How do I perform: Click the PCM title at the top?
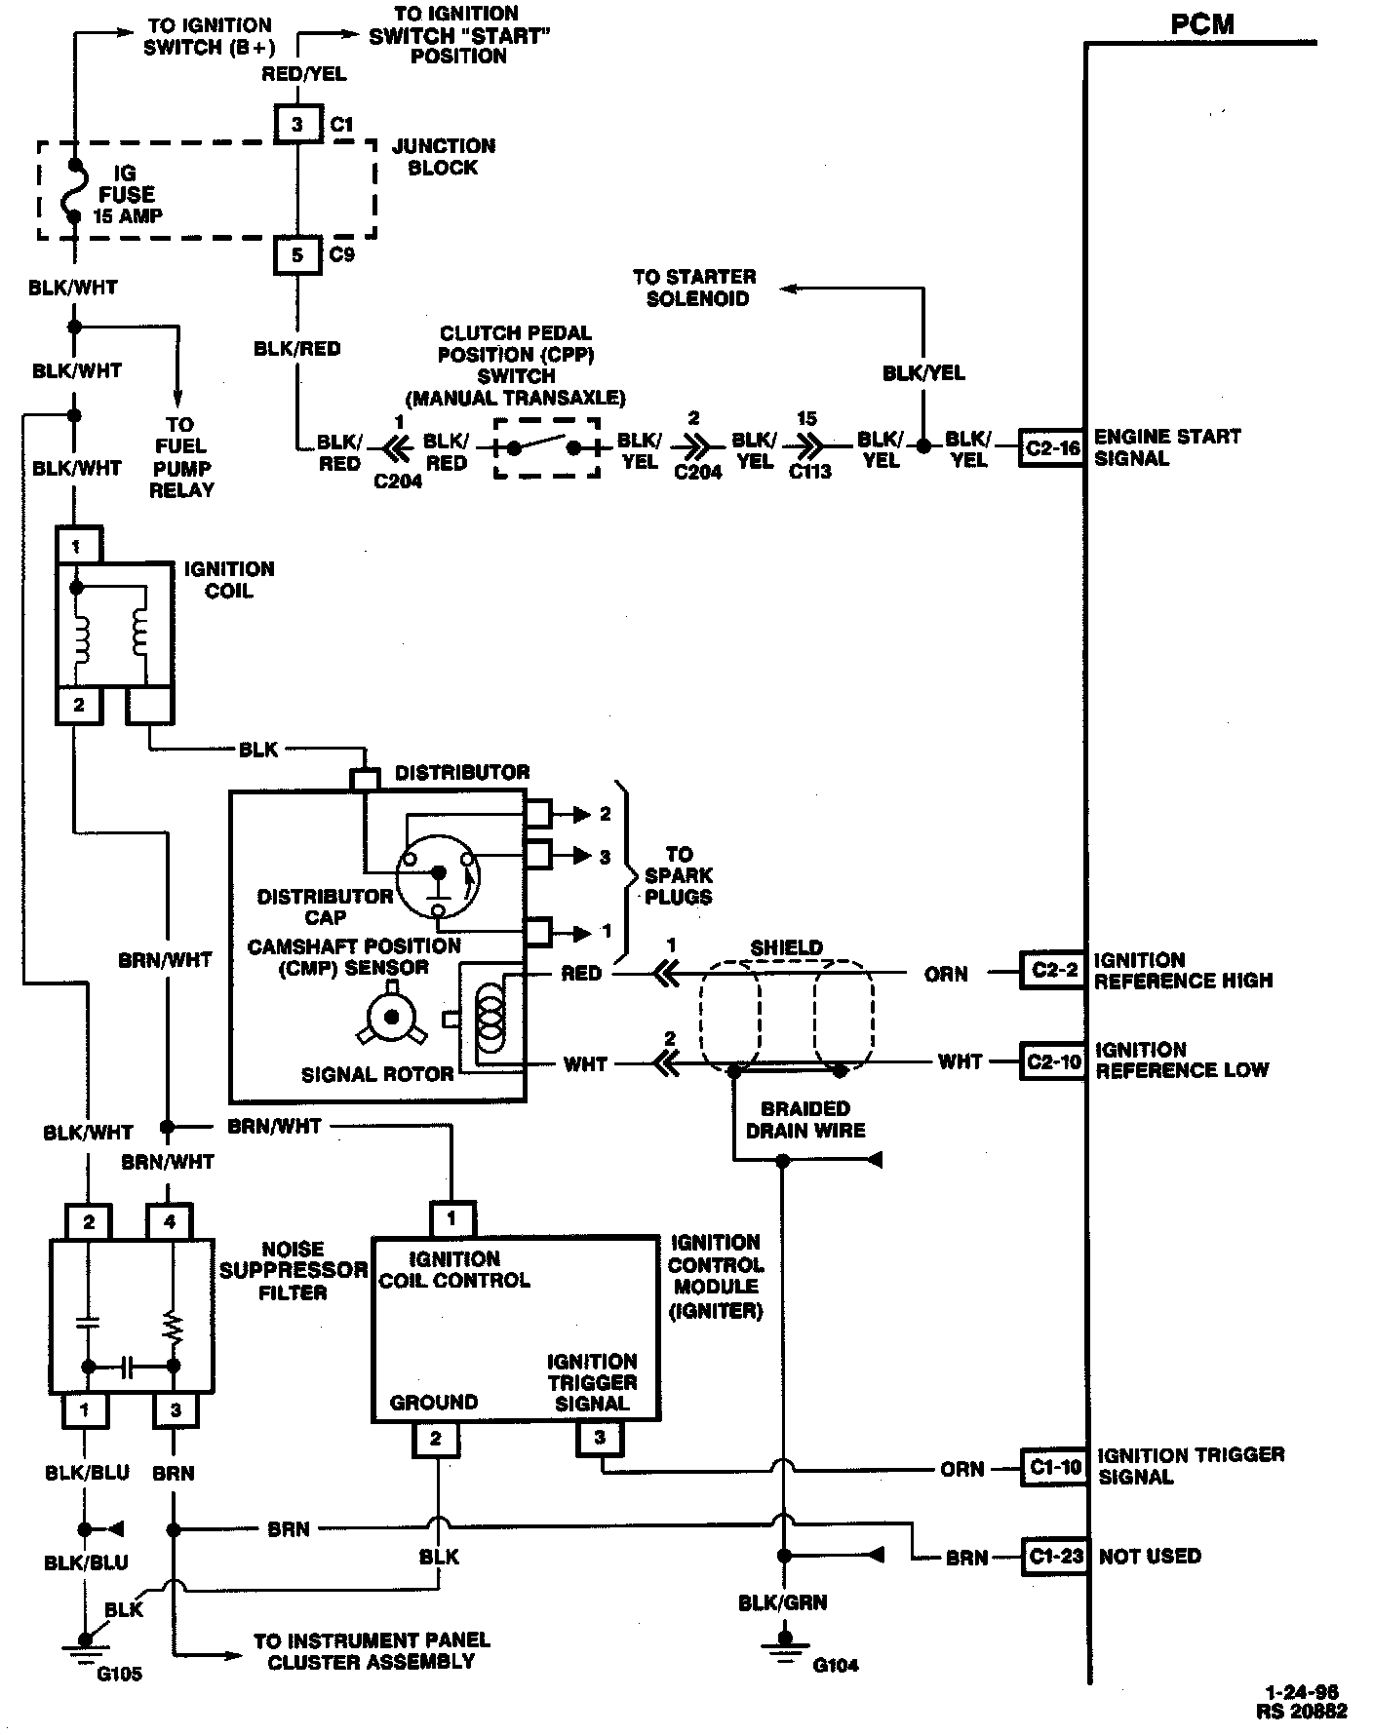1201,23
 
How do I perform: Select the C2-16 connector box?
1052,448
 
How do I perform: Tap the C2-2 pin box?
1052,971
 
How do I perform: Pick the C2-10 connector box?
1052,1061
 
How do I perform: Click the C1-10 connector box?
1053,1467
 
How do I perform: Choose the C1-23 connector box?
1053,1557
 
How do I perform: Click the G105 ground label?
119,1675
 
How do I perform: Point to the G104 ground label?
835,1665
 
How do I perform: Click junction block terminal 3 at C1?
297,124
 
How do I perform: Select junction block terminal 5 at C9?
297,255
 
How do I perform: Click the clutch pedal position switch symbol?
546,448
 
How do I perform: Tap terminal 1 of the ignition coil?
76,547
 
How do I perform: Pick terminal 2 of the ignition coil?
78,705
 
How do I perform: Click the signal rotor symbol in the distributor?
392,1017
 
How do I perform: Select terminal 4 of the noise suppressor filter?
170,1221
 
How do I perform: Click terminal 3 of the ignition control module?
599,1438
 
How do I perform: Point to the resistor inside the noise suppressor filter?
174,1328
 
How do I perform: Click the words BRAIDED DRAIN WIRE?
805,1119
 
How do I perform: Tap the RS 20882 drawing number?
1301,1711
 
